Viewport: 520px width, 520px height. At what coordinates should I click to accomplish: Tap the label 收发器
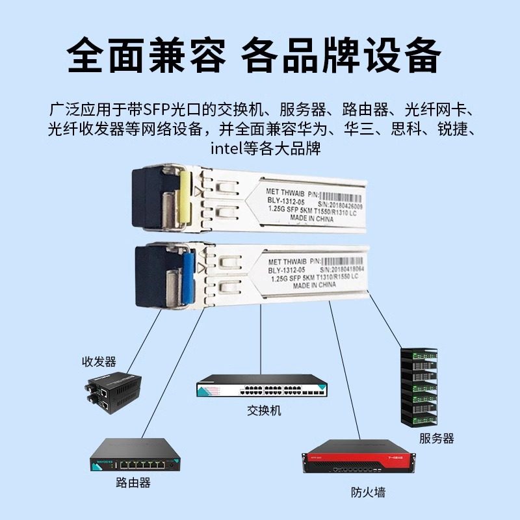99,361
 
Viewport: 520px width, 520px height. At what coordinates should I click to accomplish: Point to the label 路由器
133,482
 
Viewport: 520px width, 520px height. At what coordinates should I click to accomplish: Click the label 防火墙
367,492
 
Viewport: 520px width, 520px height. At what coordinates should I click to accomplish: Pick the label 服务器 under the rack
436,438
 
